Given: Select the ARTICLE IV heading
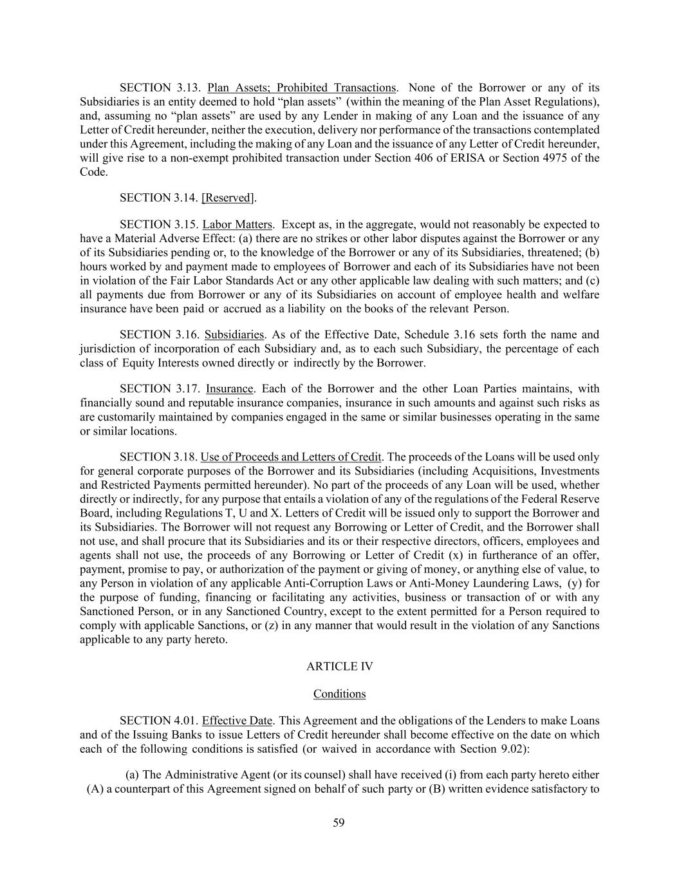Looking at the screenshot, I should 339,666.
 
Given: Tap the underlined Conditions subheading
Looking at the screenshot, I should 339,694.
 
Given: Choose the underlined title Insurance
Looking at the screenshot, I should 230,389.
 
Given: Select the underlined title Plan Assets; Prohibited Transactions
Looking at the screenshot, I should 301,88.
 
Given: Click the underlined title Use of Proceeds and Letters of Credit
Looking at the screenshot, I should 291,457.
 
